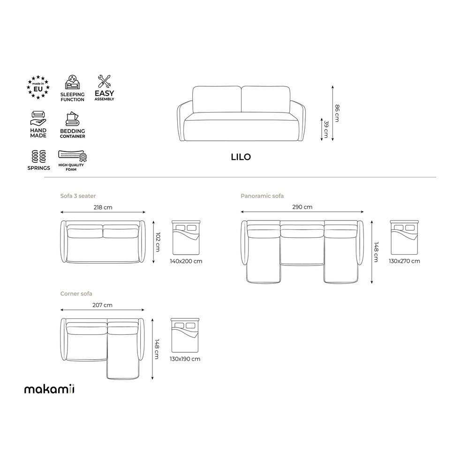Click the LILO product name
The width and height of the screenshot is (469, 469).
[x=241, y=157]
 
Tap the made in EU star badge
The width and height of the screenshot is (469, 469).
[x=38, y=87]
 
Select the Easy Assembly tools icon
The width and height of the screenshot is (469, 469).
[x=105, y=81]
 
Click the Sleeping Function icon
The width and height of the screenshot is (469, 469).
[x=72, y=82]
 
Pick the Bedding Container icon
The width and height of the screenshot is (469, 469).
[x=72, y=119]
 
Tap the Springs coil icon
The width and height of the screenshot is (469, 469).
[x=38, y=157]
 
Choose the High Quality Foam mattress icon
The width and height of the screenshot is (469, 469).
[x=72, y=156]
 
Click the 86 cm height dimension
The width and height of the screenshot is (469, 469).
[x=337, y=113]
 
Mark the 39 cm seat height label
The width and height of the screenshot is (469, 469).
[x=326, y=129]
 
